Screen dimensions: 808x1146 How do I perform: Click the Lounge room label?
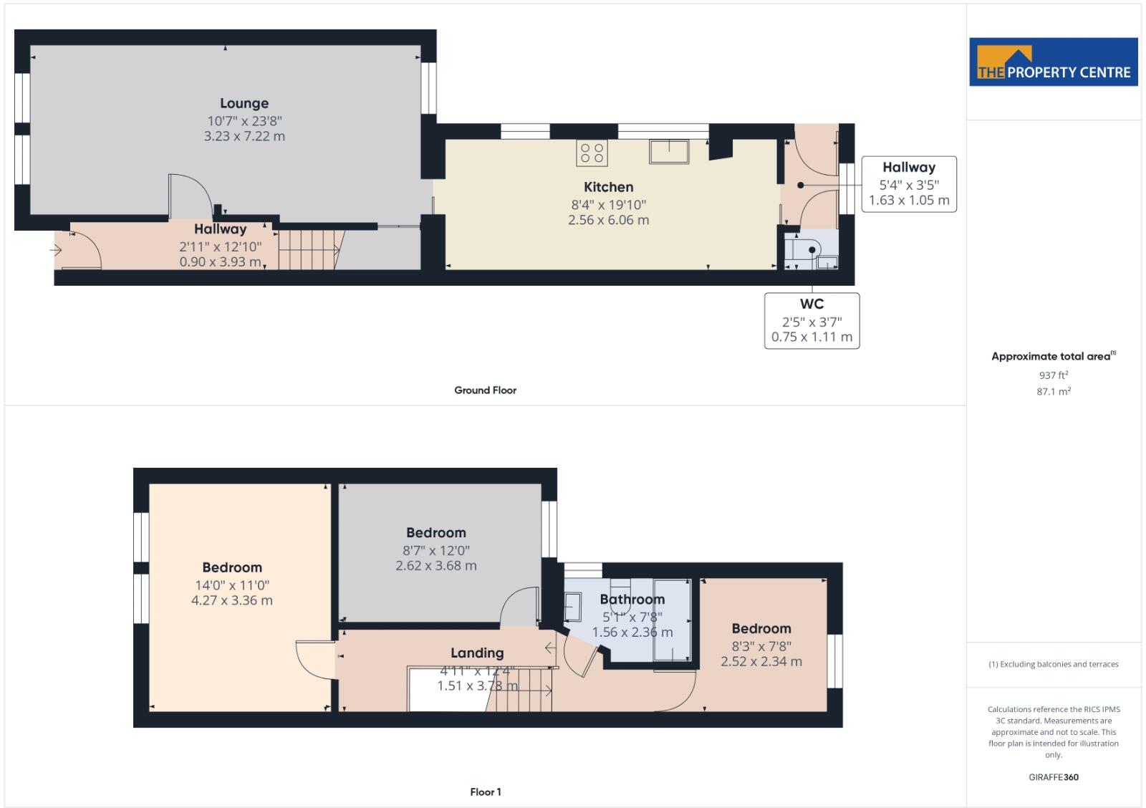pyautogui.click(x=244, y=103)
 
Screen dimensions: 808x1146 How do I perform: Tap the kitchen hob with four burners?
pyautogui.click(x=592, y=153)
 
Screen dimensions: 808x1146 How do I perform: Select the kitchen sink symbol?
pyautogui.click(x=669, y=152)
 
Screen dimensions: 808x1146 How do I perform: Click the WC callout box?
pyautogui.click(x=812, y=320)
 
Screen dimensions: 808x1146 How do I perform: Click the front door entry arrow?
pyautogui.click(x=56, y=250)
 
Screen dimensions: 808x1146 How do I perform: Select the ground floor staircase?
pyautogui.click(x=308, y=249)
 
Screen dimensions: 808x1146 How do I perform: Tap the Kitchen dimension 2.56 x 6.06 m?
pyautogui.click(x=608, y=220)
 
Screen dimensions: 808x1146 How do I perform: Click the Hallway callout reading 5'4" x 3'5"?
pyautogui.click(x=908, y=184)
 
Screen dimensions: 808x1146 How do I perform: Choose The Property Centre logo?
pyautogui.click(x=1053, y=62)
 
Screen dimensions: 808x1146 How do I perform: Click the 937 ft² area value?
pyautogui.click(x=1053, y=375)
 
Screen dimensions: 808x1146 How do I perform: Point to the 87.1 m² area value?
pyautogui.click(x=1053, y=392)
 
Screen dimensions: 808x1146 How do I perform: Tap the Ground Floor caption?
pyautogui.click(x=485, y=390)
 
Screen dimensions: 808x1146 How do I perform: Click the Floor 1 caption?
pyautogui.click(x=485, y=792)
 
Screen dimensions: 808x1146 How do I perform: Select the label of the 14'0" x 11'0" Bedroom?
pyautogui.click(x=231, y=567)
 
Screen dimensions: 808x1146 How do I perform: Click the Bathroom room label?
pyautogui.click(x=632, y=599)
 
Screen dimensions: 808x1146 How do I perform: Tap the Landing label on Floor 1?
pyautogui.click(x=477, y=653)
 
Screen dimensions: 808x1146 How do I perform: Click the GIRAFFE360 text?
pyautogui.click(x=1053, y=777)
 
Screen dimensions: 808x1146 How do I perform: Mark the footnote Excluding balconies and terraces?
pyautogui.click(x=1053, y=664)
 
